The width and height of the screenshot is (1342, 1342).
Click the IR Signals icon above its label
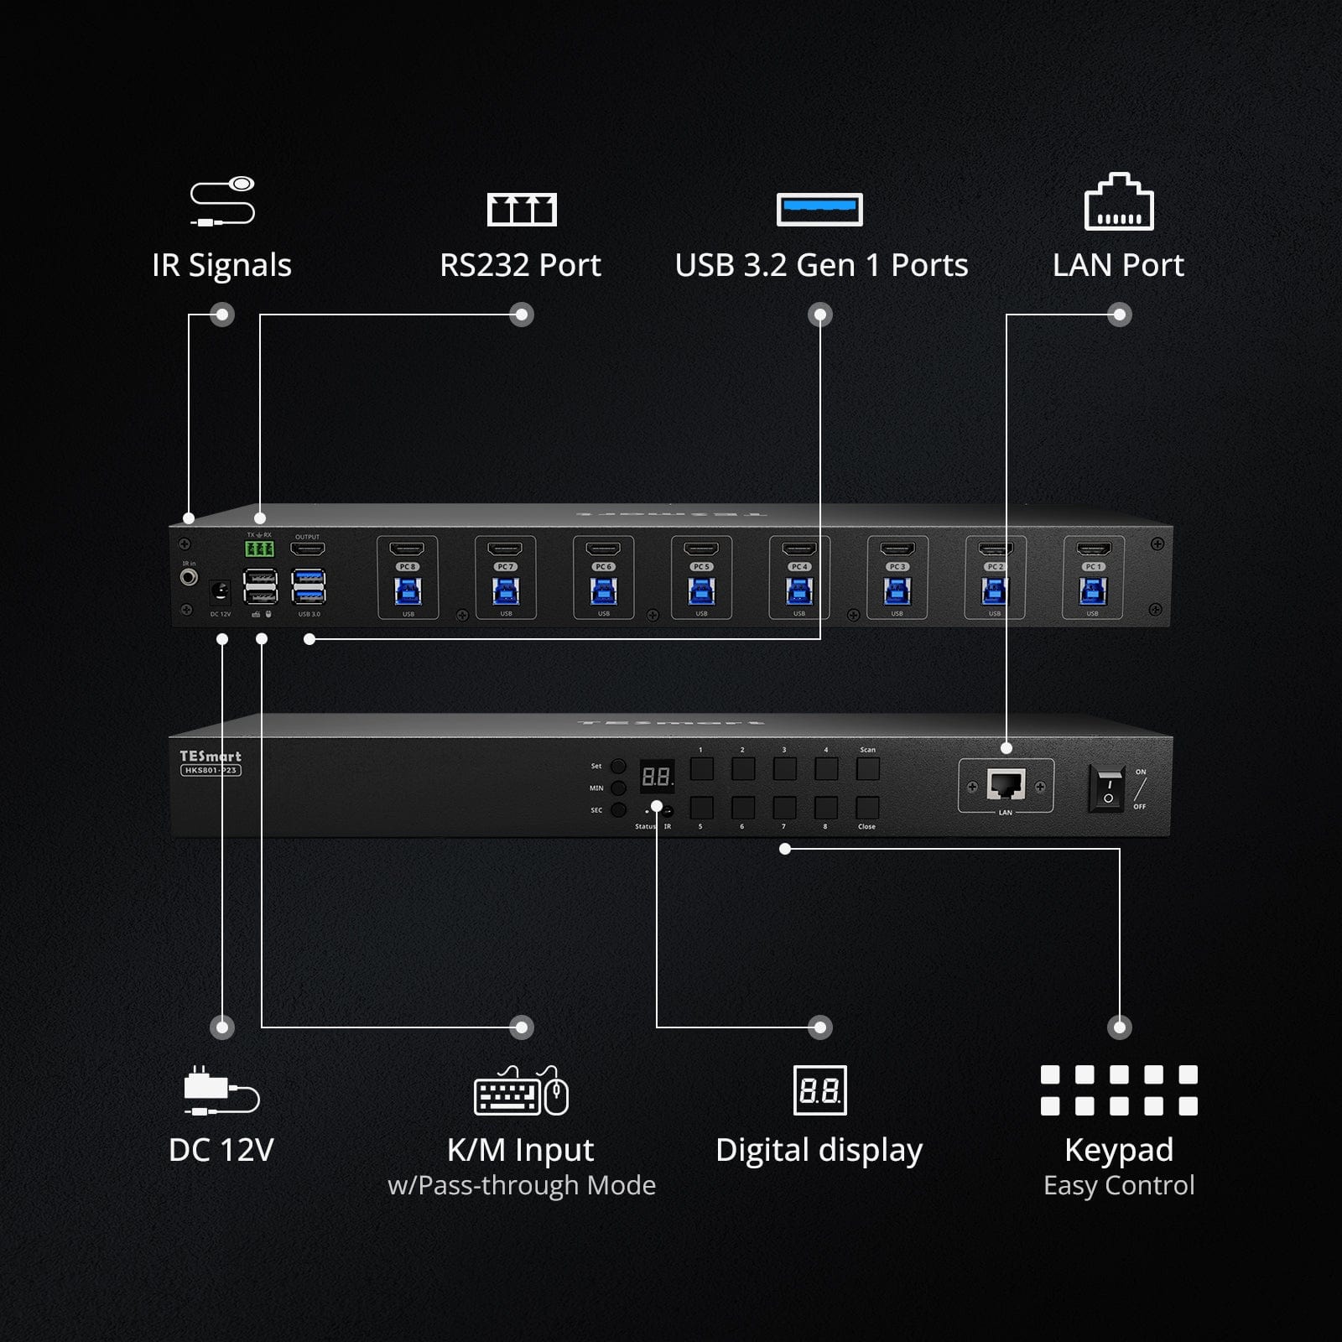(222, 201)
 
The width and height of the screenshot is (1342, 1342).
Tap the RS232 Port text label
(520, 265)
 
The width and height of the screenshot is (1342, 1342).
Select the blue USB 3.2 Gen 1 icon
(819, 210)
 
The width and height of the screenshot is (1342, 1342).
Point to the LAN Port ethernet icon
(1119, 202)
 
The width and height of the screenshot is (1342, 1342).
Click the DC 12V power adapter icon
(221, 1091)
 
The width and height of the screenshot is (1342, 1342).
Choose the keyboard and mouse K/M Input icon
(521, 1091)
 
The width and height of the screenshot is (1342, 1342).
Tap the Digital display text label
(819, 1150)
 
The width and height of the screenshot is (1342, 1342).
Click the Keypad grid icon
(1119, 1090)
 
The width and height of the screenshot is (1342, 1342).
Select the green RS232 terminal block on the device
(259, 549)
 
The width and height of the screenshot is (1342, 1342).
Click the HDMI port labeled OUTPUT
(308, 549)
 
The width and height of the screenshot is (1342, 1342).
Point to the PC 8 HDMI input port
(408, 549)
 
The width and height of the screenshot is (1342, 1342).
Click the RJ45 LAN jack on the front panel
(1006, 785)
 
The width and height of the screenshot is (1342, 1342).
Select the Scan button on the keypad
(867, 768)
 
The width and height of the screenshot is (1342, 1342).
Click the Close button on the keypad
(867, 808)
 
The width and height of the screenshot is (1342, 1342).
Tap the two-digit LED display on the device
(656, 778)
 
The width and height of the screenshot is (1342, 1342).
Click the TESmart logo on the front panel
(211, 756)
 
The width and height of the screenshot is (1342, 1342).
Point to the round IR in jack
(190, 578)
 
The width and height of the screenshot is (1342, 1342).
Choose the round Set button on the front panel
(618, 766)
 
